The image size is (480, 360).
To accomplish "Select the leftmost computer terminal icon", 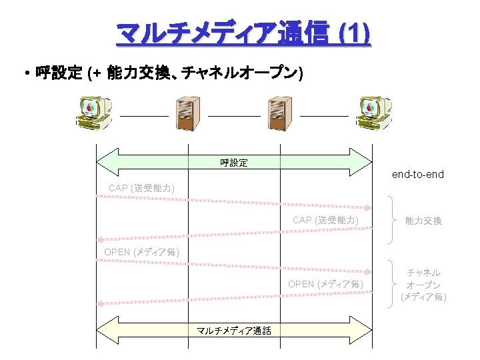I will tap(95, 113).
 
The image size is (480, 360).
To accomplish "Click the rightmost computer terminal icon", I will tap(372, 113).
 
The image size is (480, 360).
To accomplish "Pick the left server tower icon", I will tap(187, 113).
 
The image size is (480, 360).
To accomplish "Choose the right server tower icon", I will tap(279, 113).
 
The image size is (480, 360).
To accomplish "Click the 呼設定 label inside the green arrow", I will tap(234, 163).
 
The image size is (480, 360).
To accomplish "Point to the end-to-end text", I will tap(417, 175).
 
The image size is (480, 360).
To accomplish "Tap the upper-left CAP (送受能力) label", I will tap(141, 189).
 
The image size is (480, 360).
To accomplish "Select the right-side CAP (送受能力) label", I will tap(325, 220).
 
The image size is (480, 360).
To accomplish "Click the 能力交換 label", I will tap(423, 221).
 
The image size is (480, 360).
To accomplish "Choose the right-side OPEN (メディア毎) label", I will tap(325, 284).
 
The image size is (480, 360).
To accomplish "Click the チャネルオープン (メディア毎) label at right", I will tap(423, 285).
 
